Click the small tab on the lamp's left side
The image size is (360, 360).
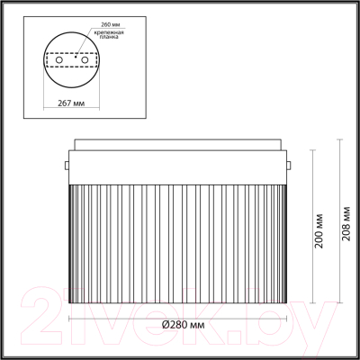[x=67, y=166]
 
